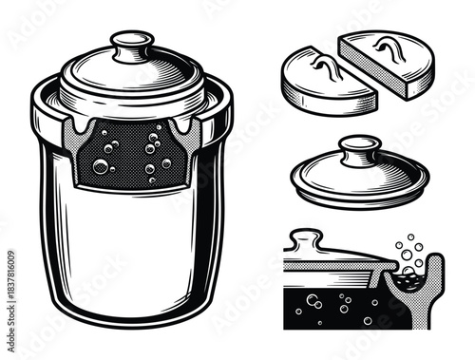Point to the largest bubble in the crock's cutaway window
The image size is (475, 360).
(101, 166)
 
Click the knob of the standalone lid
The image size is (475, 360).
(360, 150)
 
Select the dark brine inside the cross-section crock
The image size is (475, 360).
(332, 309)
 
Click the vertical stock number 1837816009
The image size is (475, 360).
(9, 276)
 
